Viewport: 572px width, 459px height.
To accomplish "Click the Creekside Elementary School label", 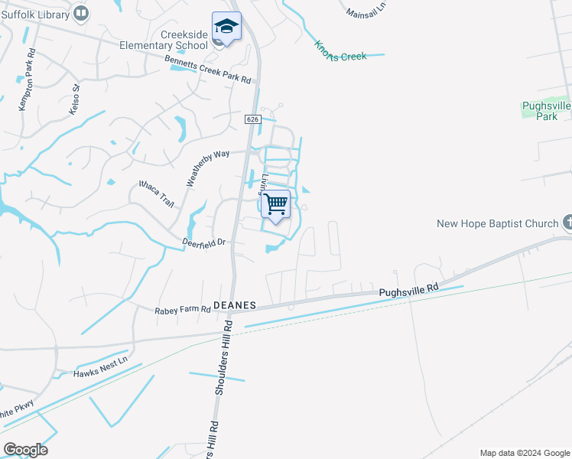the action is point(174,39).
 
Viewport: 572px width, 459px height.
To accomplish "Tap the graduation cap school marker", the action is point(226,27).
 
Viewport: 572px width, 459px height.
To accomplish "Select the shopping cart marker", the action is point(276,204).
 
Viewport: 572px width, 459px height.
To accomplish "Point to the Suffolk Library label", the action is point(35,13).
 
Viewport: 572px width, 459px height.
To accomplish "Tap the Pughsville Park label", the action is point(546,111).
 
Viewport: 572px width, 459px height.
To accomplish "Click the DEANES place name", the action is point(233,304).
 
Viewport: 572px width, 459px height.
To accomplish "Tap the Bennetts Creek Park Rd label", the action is point(209,69).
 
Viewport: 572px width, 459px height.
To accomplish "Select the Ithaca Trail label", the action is point(157,194).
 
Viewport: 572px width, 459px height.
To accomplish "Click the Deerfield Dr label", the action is point(203,242).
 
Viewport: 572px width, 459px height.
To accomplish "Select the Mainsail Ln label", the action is point(367,9).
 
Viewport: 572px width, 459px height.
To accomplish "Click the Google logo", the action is point(25,450).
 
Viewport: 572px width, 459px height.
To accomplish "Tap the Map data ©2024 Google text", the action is point(525,453).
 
